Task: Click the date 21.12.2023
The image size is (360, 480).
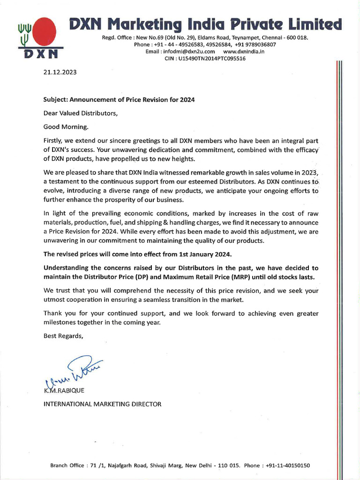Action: (59, 73)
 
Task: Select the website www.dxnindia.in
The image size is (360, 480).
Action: (244, 52)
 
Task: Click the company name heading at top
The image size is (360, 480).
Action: (205, 23)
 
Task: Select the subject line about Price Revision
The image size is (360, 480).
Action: (119, 100)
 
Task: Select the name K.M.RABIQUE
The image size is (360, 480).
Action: (64, 391)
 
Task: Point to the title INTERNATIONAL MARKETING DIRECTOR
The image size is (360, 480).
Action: (102, 404)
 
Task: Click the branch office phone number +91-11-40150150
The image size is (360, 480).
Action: (287, 465)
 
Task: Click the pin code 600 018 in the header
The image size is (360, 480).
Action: (296, 37)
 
